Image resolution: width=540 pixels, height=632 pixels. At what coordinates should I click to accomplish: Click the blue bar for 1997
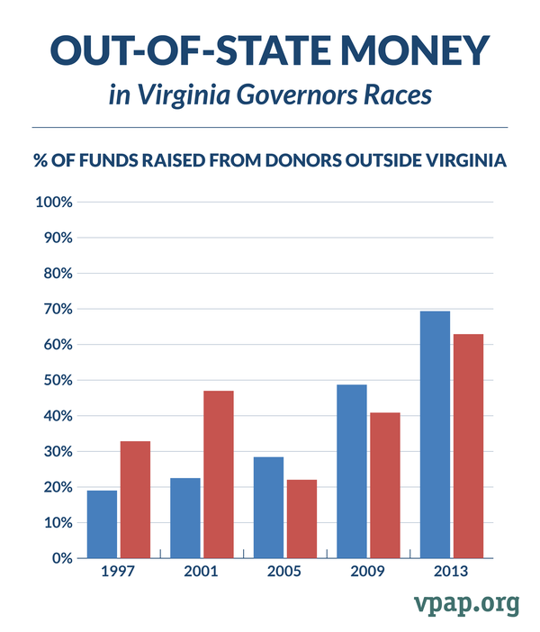(102, 524)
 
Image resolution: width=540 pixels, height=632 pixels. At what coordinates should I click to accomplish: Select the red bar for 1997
(135, 500)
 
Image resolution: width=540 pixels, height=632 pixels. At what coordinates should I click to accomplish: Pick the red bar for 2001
(218, 474)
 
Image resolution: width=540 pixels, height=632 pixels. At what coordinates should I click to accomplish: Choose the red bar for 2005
(301, 519)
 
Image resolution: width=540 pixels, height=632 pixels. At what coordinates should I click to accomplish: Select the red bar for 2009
(384, 485)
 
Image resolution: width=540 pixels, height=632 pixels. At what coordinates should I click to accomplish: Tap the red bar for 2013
(468, 446)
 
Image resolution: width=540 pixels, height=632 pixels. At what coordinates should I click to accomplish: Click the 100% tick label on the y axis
(53, 203)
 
